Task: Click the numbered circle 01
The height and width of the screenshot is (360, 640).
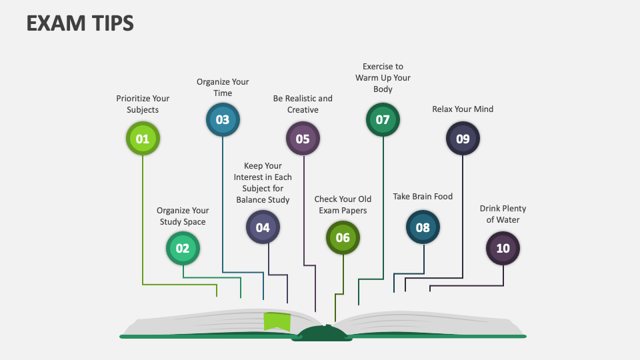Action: pyautogui.click(x=143, y=139)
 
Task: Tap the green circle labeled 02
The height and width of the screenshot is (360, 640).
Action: pyautogui.click(x=183, y=249)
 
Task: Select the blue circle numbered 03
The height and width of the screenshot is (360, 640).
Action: pyautogui.click(x=223, y=120)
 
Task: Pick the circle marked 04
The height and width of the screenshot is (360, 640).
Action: pyautogui.click(x=263, y=227)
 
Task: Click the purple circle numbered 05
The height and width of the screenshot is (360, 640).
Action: pyautogui.click(x=303, y=139)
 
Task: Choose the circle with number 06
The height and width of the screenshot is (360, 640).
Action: pyautogui.click(x=343, y=238)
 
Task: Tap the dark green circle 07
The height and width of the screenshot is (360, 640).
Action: pyautogui.click(x=383, y=120)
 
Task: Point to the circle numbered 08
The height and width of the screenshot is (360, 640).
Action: pyautogui.click(x=423, y=227)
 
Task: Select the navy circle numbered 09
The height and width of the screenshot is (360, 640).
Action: pyautogui.click(x=463, y=139)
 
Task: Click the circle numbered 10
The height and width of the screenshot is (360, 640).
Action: pyautogui.click(x=503, y=249)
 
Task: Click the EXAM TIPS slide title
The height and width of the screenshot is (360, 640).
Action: pyautogui.click(x=80, y=23)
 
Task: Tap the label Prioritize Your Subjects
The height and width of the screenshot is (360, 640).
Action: pyautogui.click(x=143, y=104)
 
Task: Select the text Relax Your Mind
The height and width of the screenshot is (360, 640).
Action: pyautogui.click(x=463, y=109)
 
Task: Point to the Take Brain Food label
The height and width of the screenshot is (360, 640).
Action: pyautogui.click(x=423, y=196)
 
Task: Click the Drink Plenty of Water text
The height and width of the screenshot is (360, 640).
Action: pyautogui.click(x=503, y=214)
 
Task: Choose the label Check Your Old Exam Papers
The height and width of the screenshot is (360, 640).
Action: pyautogui.click(x=343, y=205)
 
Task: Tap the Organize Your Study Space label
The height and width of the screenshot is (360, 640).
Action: pyautogui.click(x=183, y=216)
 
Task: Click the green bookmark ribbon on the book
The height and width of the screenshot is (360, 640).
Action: pyautogui.click(x=277, y=321)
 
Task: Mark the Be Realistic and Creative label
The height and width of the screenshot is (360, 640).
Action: pyautogui.click(x=303, y=104)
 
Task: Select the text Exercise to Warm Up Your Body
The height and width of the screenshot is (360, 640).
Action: pyautogui.click(x=383, y=77)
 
